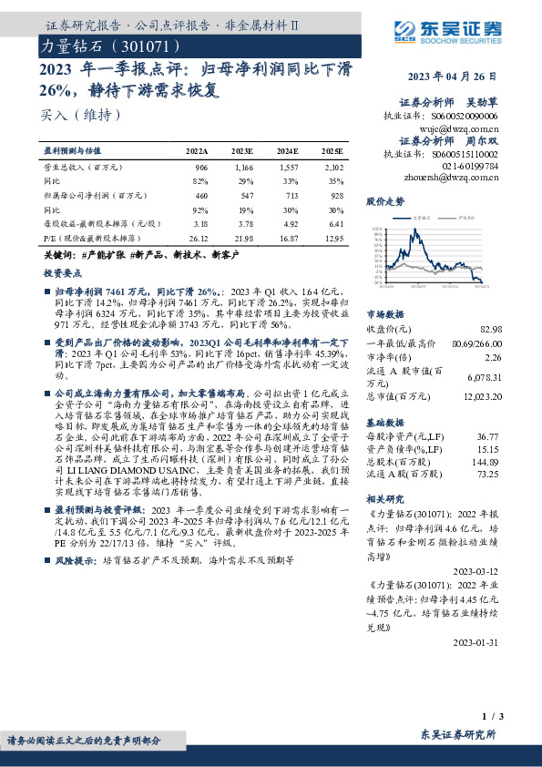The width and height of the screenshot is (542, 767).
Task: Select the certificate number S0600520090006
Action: tap(465, 117)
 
